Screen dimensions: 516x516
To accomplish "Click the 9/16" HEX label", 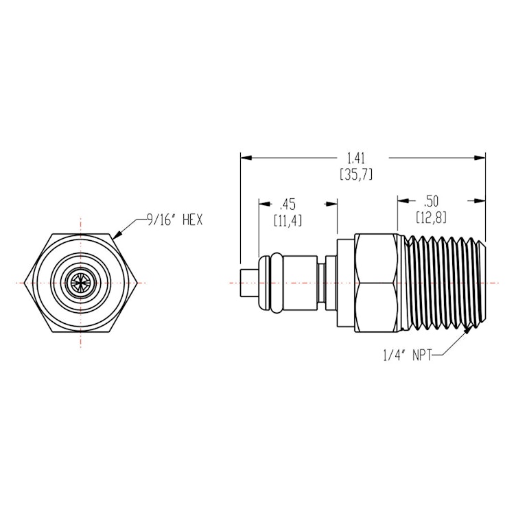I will coord(174,220).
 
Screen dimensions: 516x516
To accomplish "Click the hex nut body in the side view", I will coord(376,283).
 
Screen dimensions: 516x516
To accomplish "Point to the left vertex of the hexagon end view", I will coord(23,283).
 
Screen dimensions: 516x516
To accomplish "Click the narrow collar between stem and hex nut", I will coord(331,283).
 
